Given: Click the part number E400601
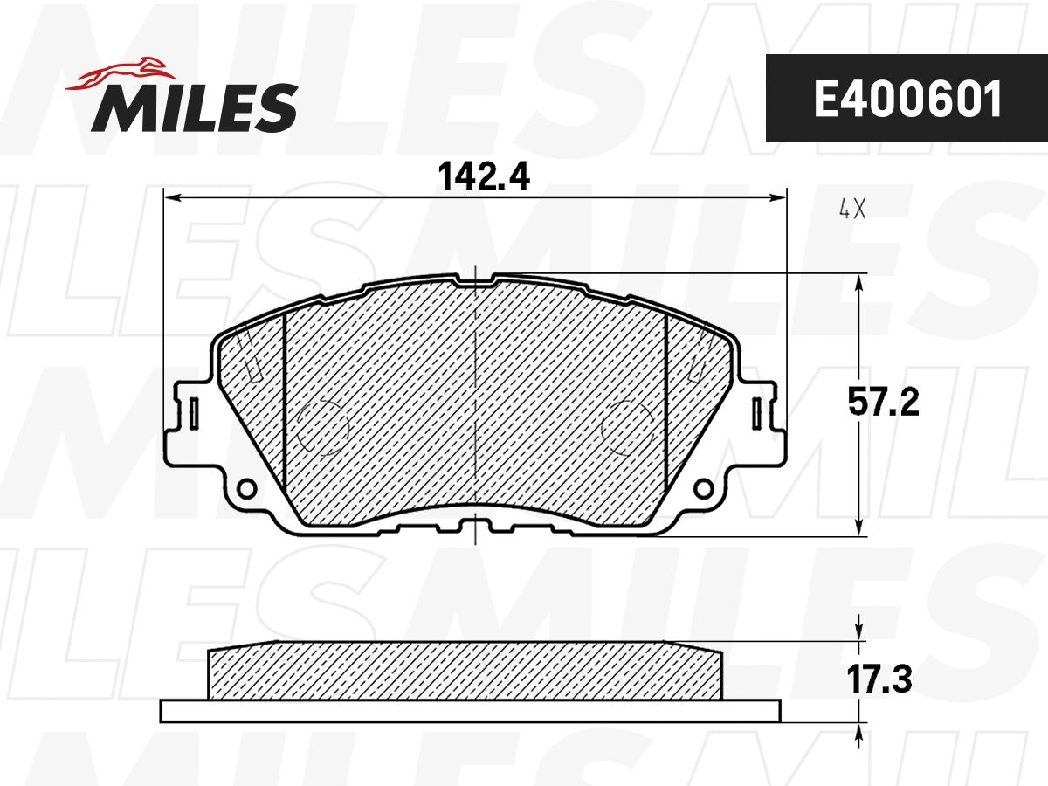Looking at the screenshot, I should pos(907,100).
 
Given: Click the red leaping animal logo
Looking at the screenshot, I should pos(122,72).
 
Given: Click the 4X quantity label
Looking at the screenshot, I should pos(851,210).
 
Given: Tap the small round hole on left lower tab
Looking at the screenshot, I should pos(246,486).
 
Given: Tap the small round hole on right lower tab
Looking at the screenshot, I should pos(704,486).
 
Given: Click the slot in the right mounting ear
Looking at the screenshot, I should pos(756,412).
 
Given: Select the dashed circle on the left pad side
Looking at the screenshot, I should pos(322,426).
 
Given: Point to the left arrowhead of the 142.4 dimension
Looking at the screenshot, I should pos(172,199).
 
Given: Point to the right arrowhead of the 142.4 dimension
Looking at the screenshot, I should pos(780,199).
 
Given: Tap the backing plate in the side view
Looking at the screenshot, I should pos(470,711).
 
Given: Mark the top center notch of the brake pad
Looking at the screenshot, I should pos(474,279).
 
